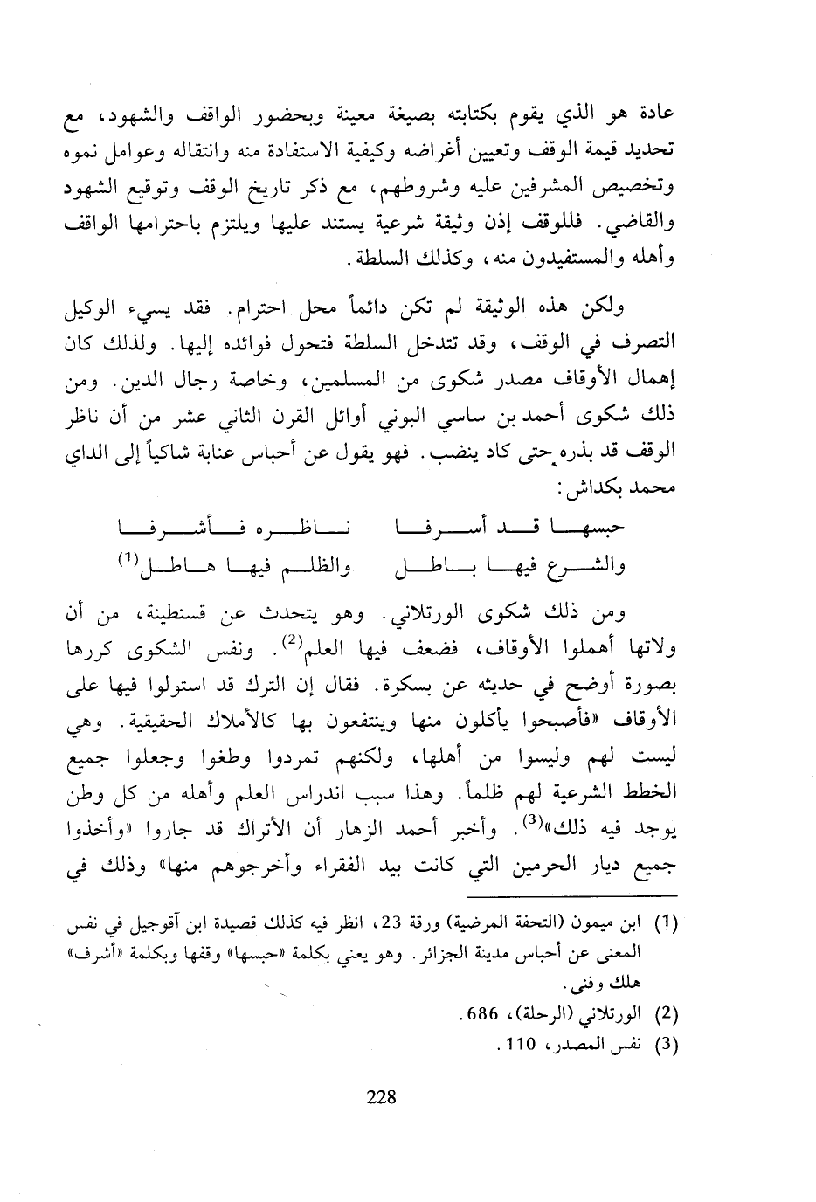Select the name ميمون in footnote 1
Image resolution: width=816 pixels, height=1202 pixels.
679,922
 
